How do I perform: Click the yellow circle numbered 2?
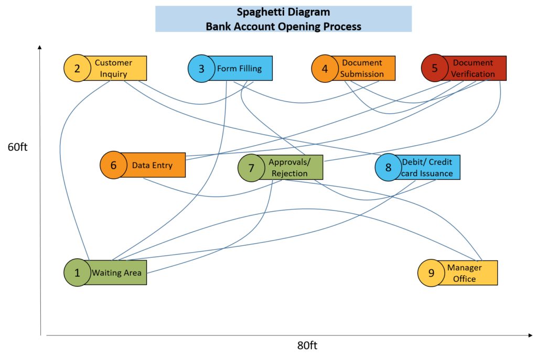[x=77, y=68]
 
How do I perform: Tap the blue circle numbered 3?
[x=201, y=69]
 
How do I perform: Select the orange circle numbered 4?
[x=325, y=69]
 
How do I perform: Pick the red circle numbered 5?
[x=435, y=68]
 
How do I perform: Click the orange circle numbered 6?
[x=113, y=165]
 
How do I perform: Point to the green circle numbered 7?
[x=251, y=168]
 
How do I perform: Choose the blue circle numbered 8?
[x=389, y=168]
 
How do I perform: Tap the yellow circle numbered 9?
[x=431, y=273]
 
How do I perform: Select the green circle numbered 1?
[x=78, y=272]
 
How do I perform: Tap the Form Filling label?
[x=240, y=69]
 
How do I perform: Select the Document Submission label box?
[x=362, y=69]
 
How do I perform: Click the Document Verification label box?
[x=474, y=68]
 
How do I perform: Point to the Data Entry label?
[x=153, y=165]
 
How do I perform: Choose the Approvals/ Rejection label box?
[x=290, y=168]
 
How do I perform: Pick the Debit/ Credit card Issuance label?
[x=427, y=168]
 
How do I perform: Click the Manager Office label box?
[x=465, y=273]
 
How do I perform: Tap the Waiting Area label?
[x=117, y=272]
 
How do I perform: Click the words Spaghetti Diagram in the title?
[x=283, y=13]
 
